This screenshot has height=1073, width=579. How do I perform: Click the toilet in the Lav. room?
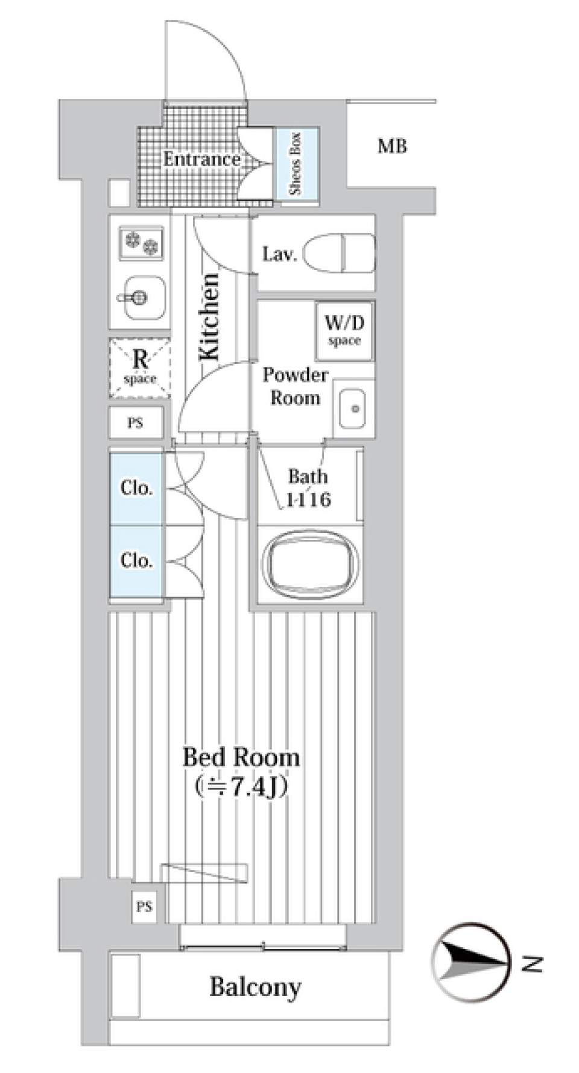pyautogui.click(x=340, y=254)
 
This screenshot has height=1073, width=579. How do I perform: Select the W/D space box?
pyautogui.click(x=344, y=330)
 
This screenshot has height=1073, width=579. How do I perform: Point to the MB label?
pyautogui.click(x=392, y=146)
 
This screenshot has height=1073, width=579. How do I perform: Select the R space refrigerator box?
pyautogui.click(x=140, y=368)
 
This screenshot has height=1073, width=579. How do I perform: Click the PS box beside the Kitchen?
pyautogui.click(x=136, y=423)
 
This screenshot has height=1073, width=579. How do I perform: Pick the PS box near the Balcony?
pyautogui.click(x=144, y=907)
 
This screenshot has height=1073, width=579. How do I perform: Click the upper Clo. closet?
pyautogui.click(x=136, y=487)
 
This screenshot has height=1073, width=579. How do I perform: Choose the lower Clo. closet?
pyautogui.click(x=136, y=560)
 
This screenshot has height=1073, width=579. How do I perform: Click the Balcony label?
pyautogui.click(x=255, y=987)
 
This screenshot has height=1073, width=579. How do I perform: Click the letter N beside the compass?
pyautogui.click(x=531, y=965)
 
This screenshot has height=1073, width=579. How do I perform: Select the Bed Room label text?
pyautogui.click(x=241, y=757)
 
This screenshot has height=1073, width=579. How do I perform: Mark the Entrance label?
pyautogui.click(x=201, y=159)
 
